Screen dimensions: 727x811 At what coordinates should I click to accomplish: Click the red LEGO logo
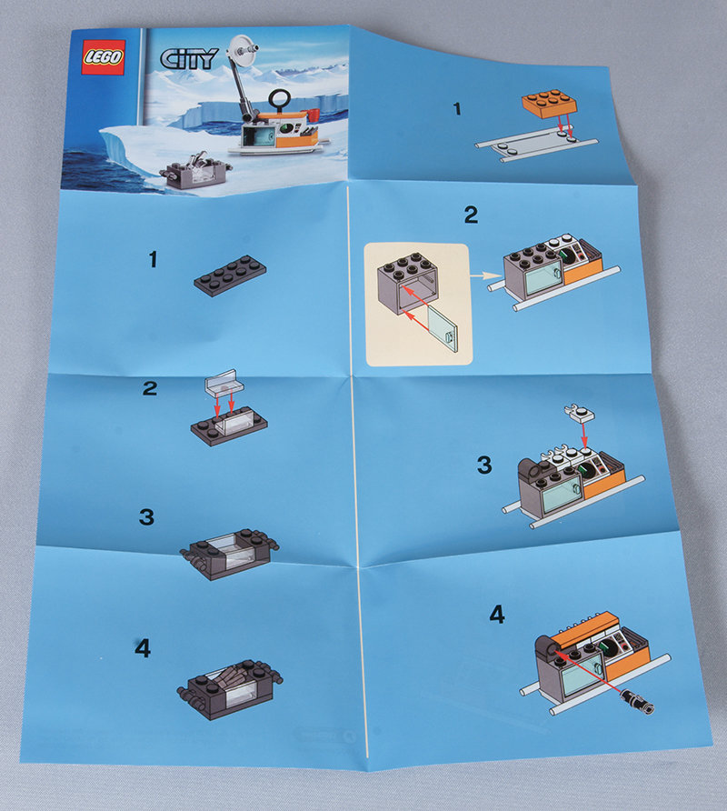[x=104, y=57]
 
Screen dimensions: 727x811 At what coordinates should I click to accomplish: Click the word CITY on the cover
[x=188, y=58]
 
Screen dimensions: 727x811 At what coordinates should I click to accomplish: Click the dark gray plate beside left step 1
[x=230, y=275]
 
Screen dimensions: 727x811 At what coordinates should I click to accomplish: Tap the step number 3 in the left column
[x=146, y=516]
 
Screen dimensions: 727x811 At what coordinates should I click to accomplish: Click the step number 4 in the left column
[x=143, y=648]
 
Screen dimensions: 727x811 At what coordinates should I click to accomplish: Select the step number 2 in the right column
[x=471, y=215]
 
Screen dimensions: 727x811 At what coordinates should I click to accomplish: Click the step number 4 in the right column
[x=497, y=615]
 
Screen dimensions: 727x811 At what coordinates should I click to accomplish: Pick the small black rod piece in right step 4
[x=639, y=700]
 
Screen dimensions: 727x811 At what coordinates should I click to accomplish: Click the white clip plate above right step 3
[x=579, y=412]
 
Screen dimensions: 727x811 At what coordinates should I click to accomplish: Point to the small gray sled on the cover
[x=196, y=169]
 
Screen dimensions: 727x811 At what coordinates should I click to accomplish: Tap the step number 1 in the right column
[x=456, y=109]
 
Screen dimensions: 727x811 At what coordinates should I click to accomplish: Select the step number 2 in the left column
[x=149, y=388]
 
